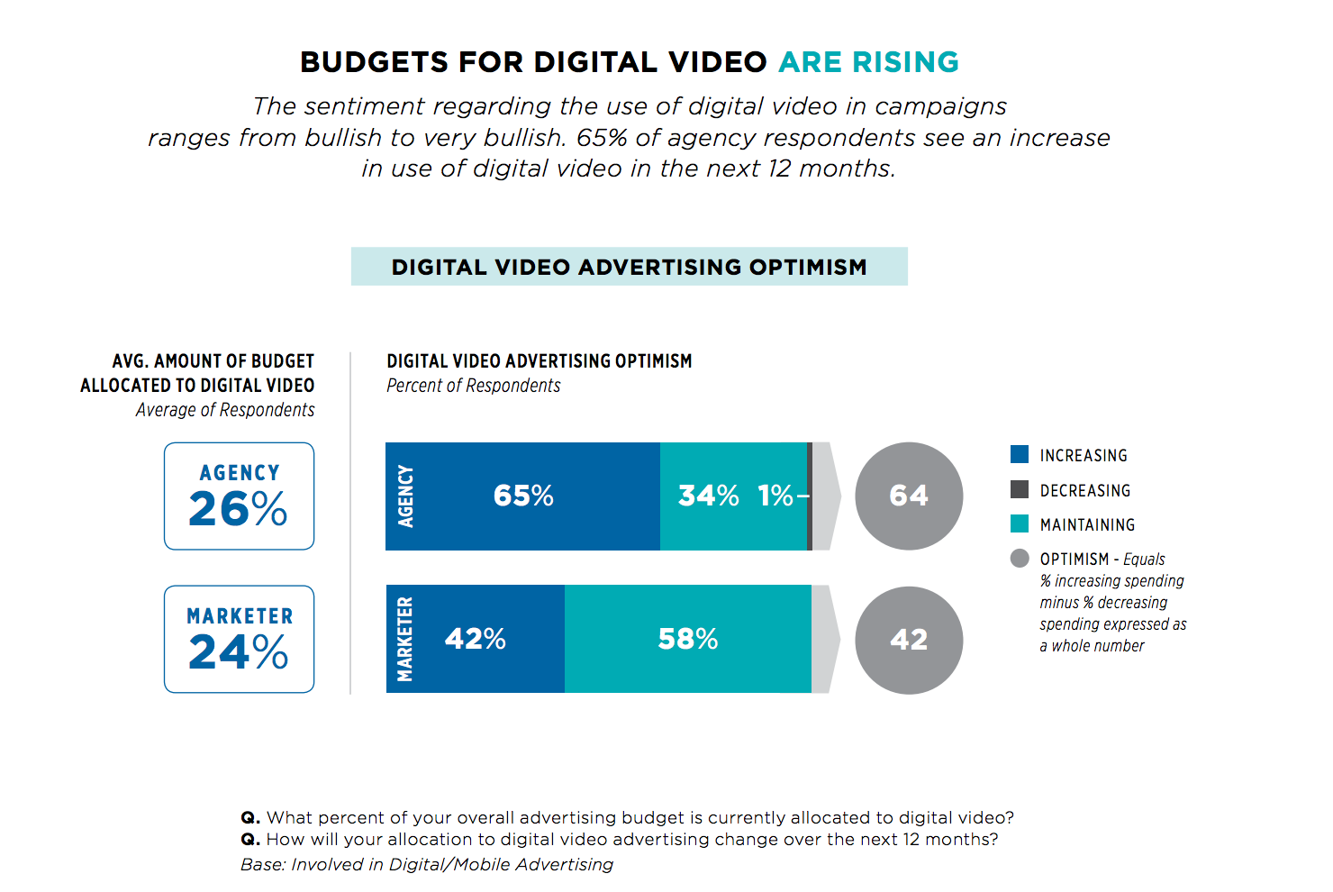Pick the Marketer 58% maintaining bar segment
coord(688,639)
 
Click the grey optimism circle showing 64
coord(909,496)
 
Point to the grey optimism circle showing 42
coord(909,640)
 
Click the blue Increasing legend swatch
coord(1020,455)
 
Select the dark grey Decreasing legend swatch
coord(1020,489)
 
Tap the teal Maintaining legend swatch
coord(1020,523)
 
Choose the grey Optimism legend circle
coord(1020,559)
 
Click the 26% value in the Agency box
coord(239,510)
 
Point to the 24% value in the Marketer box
coord(239,652)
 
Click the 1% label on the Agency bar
coord(775,496)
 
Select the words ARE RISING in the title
coord(869,62)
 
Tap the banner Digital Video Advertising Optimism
coord(629,267)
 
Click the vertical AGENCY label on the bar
coord(406,496)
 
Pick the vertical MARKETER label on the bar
coord(405,639)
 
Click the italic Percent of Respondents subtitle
coord(474,386)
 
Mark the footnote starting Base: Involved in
coord(427,865)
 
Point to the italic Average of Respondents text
coord(225,410)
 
